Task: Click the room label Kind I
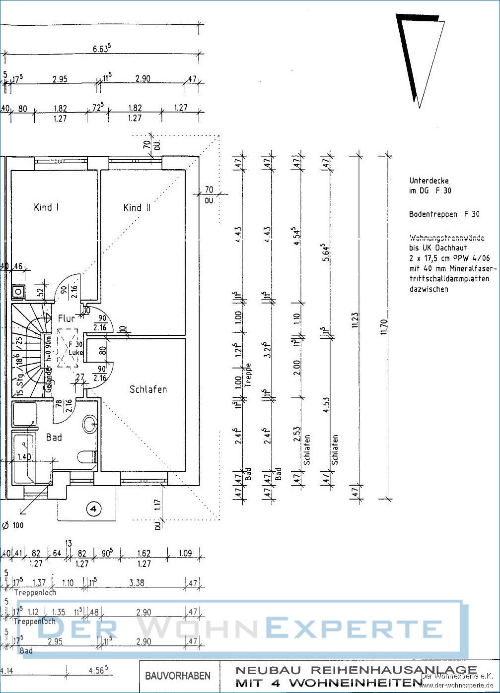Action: pos(46,207)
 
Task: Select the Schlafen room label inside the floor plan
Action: pos(148,389)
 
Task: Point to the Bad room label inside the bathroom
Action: pos(54,437)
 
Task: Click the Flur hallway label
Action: pos(66,318)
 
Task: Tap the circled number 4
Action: pos(94,508)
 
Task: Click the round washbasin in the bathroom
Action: pos(89,424)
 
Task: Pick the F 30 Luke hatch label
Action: pos(75,348)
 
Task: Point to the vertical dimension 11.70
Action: pos(383,326)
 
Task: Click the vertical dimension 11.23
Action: pos(355,320)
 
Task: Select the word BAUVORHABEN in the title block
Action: pos(177,676)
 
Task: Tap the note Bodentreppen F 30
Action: pos(444,214)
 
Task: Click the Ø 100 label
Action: pos(13,525)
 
